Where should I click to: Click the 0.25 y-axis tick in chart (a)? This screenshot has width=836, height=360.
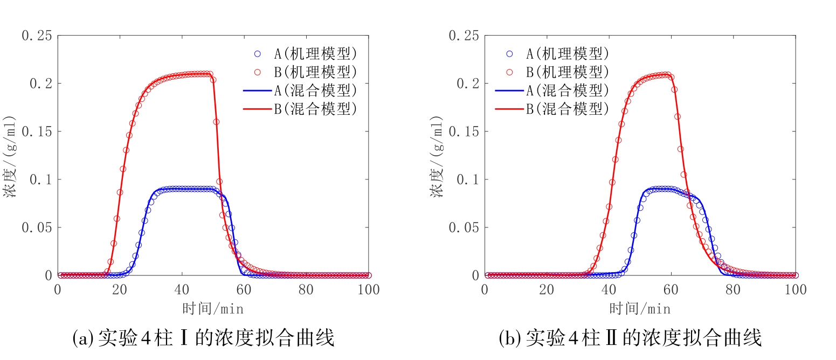(37, 36)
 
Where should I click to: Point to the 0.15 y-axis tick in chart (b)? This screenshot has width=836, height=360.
(464, 131)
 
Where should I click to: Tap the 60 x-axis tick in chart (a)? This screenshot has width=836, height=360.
(244, 290)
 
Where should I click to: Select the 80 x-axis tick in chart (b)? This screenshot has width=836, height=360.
(733, 290)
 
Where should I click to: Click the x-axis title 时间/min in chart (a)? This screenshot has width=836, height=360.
(213, 309)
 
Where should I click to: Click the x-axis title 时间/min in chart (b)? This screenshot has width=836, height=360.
(640, 309)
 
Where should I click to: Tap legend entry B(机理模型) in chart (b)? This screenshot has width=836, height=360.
(568, 72)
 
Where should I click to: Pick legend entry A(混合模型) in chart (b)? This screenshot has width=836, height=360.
(568, 90)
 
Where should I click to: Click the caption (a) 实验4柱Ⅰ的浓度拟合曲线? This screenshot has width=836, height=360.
(203, 338)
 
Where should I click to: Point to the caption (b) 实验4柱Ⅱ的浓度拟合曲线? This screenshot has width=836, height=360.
(630, 338)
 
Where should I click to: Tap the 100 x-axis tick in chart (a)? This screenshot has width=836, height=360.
(369, 290)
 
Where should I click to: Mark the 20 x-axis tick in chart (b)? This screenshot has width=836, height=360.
(547, 290)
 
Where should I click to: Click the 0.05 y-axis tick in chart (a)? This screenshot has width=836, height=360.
(37, 227)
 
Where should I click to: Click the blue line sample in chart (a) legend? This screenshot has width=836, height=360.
(258, 90)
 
